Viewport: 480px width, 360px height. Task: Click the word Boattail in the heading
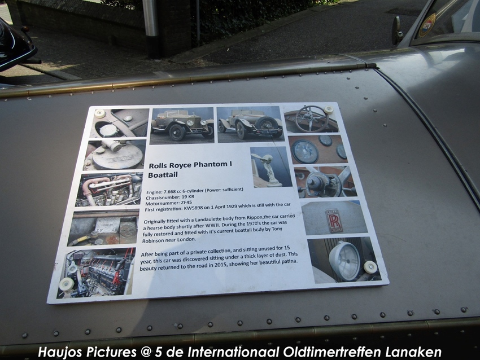(x=163, y=175)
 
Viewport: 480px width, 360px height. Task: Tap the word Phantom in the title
(x=211, y=165)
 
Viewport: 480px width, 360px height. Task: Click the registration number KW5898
(x=194, y=208)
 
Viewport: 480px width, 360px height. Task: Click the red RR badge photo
(x=334, y=221)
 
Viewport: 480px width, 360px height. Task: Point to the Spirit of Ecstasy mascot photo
(x=270, y=166)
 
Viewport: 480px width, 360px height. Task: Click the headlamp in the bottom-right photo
(x=344, y=260)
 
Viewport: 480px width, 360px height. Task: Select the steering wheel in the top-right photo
(x=312, y=118)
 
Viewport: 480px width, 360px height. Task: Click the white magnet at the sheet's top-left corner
(x=100, y=113)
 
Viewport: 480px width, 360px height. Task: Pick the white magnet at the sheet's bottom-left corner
(x=67, y=284)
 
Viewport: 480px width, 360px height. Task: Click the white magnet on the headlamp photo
(x=370, y=267)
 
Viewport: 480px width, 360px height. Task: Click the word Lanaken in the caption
(x=413, y=352)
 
